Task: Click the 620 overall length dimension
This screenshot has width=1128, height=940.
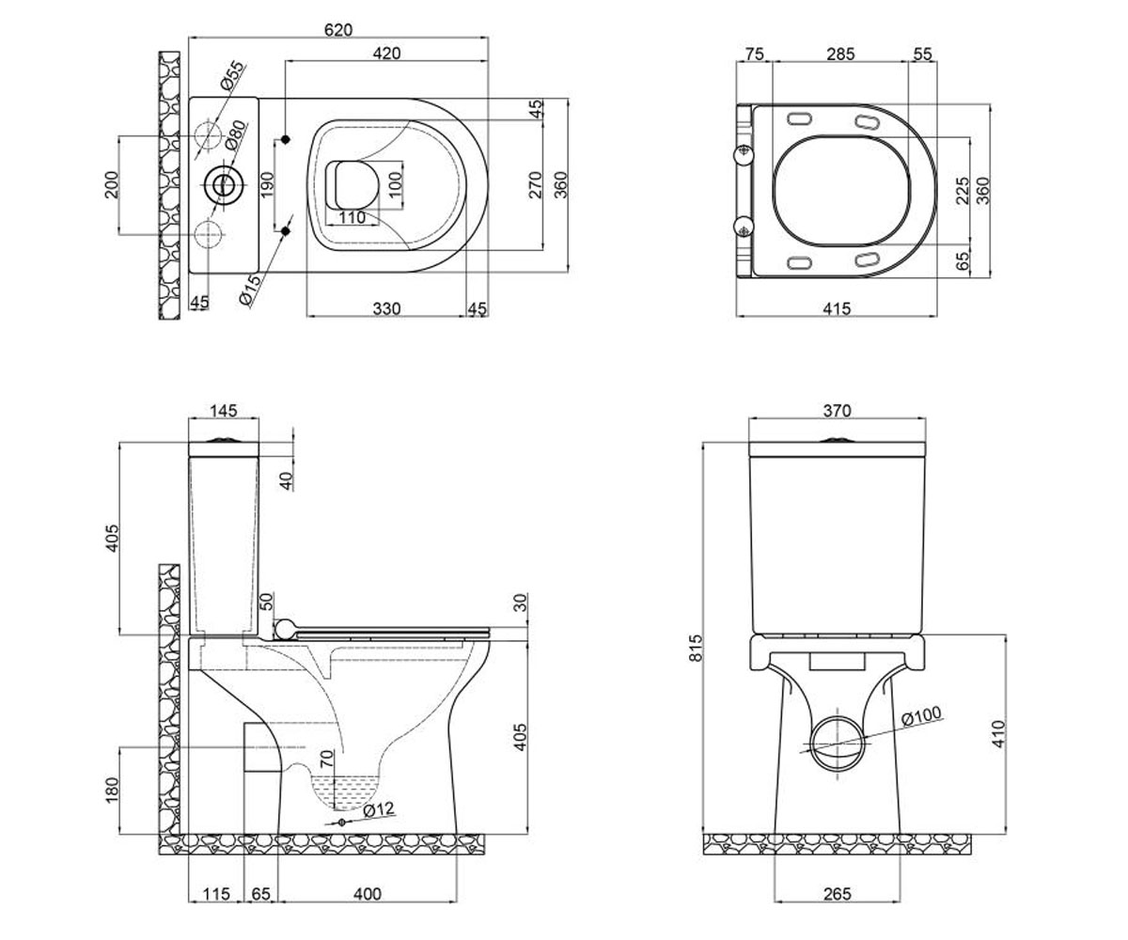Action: [338, 30]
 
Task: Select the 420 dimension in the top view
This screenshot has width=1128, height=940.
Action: [386, 54]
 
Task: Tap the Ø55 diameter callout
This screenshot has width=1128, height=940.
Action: [233, 75]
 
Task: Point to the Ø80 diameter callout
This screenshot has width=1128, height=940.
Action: [235, 135]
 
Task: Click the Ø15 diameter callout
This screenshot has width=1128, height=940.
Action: [250, 290]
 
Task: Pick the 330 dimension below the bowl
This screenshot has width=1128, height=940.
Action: [386, 308]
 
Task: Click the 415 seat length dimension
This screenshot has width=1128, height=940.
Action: [837, 308]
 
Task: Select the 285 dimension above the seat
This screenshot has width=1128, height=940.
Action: [840, 54]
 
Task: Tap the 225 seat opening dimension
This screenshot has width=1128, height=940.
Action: [963, 191]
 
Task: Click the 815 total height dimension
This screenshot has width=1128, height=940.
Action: [697, 648]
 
